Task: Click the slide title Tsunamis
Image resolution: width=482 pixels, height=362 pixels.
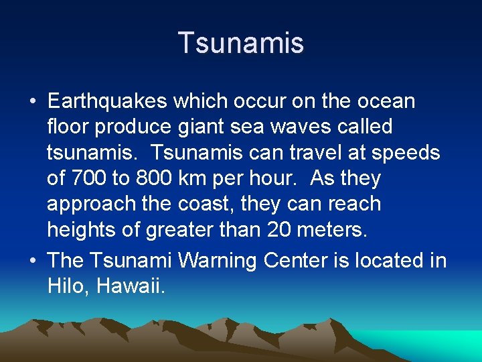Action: (241, 43)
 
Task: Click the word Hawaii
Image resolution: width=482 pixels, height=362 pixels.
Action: (130, 286)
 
